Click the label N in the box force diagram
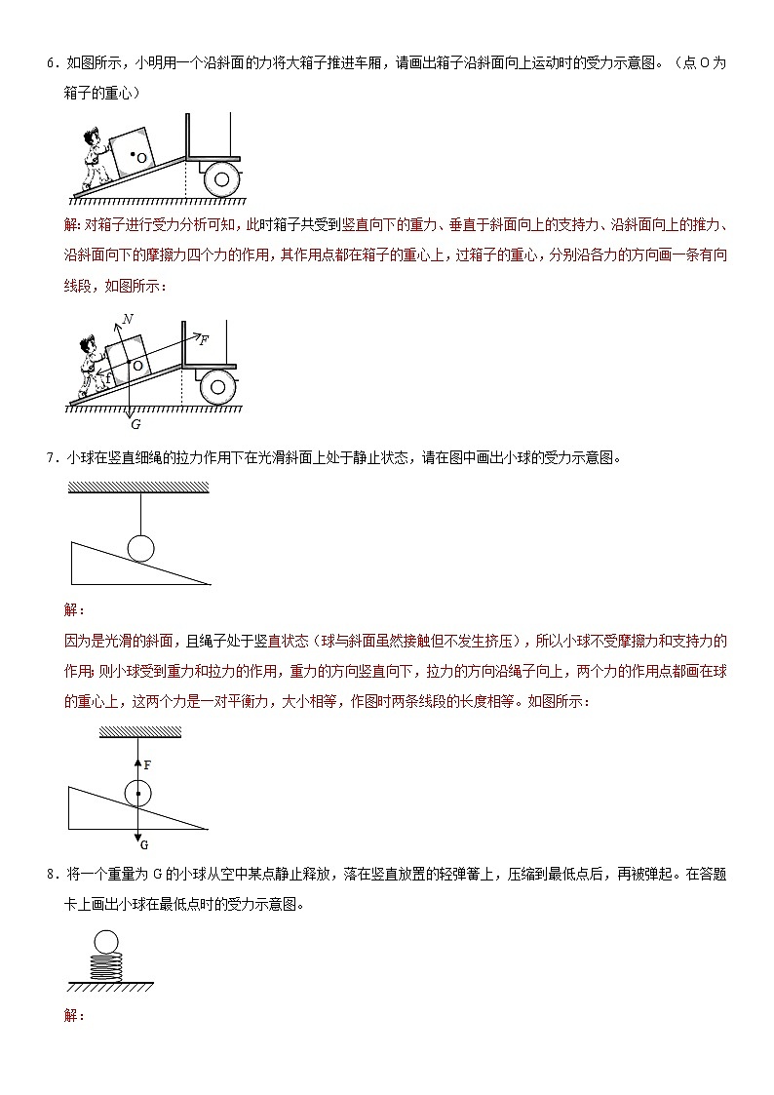[128, 319]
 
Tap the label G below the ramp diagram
[135, 424]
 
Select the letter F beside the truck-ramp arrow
[203, 339]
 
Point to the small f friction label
[108, 373]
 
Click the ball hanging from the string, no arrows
[141, 548]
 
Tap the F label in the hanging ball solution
[147, 765]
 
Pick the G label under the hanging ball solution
[144, 844]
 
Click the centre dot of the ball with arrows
[138, 795]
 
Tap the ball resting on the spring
[105, 942]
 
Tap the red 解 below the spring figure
[72, 1016]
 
